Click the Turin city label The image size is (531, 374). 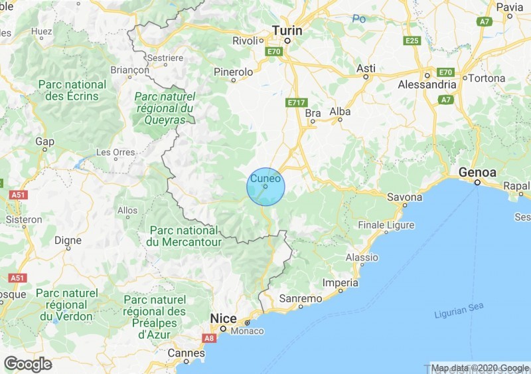tap(287, 31)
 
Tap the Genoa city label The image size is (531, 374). tap(477, 172)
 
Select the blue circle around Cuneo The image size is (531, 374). tap(265, 186)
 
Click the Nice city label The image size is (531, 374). tap(223, 318)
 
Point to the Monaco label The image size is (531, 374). tap(248, 331)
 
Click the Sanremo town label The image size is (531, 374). tap(301, 299)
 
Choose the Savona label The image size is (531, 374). tap(406, 197)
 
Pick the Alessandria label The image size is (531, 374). tap(427, 85)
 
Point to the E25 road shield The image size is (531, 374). tap(412, 41)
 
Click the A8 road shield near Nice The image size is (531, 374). tap(210, 338)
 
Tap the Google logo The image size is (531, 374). tap(28, 364)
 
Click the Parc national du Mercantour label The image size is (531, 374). tap(184, 236)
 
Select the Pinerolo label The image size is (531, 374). tap(234, 71)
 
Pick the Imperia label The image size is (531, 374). tap(341, 283)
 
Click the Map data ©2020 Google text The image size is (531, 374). tap(480, 368)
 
